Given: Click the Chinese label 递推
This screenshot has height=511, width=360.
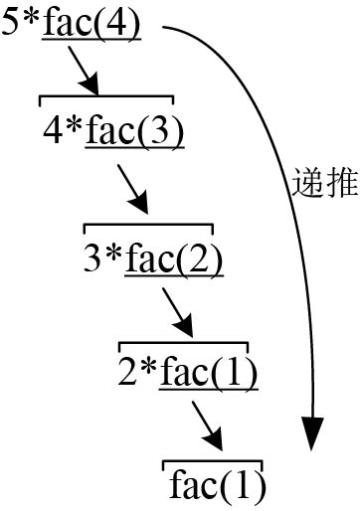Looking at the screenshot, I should point(325,183).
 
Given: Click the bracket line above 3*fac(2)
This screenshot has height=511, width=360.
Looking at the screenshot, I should point(147,225).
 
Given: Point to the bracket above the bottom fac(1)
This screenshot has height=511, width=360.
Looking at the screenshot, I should point(212,460).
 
